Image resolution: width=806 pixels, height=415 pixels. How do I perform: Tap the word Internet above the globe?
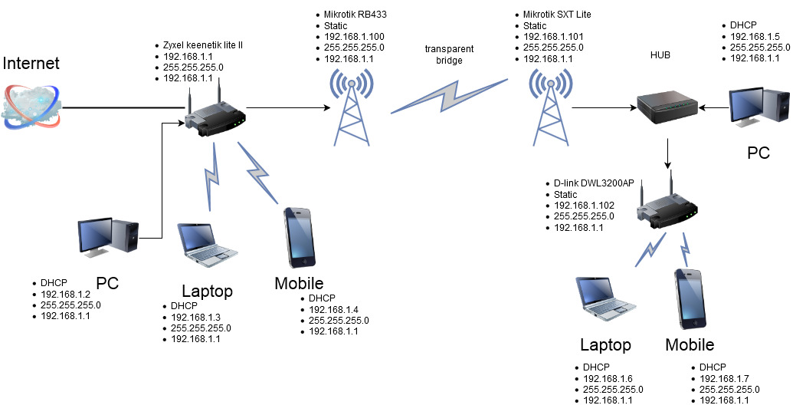click(31, 63)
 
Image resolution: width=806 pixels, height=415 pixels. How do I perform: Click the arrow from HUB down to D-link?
click(669, 154)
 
